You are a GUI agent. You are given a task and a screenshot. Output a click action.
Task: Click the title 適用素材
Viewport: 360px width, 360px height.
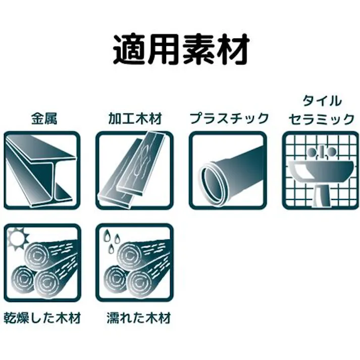[x=180, y=50]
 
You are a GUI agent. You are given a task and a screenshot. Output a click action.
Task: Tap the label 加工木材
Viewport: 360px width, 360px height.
[x=134, y=119]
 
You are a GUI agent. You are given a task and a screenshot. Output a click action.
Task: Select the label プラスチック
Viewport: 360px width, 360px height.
[x=228, y=119]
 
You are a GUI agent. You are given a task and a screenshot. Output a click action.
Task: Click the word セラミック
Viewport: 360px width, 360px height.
[x=321, y=119]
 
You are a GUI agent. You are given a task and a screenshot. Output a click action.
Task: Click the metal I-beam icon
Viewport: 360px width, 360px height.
[x=42, y=170]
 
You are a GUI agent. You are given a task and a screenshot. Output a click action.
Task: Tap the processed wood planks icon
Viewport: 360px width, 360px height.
[x=134, y=170]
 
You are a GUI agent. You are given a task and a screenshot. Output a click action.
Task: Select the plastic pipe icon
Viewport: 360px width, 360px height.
[x=228, y=170]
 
